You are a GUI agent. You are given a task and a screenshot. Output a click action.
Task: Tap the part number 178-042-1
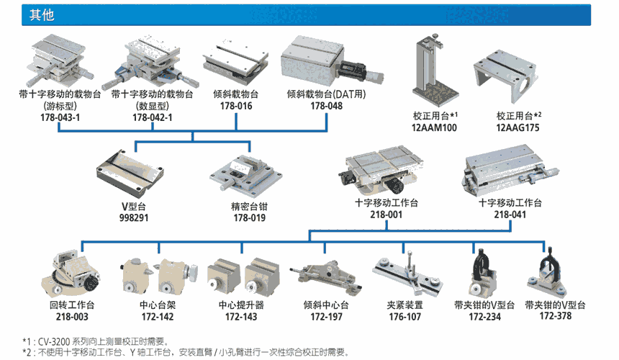151,117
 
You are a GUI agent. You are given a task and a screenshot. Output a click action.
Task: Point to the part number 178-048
326,106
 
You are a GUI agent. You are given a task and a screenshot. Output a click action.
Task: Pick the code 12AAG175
517,127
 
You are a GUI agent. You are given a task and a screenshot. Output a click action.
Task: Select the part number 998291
135,216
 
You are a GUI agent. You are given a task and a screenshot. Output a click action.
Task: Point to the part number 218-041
510,215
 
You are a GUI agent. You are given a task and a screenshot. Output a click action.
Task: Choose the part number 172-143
242,317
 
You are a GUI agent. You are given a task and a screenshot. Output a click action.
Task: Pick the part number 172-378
555,317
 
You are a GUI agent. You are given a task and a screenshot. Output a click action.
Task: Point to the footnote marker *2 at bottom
28,352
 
